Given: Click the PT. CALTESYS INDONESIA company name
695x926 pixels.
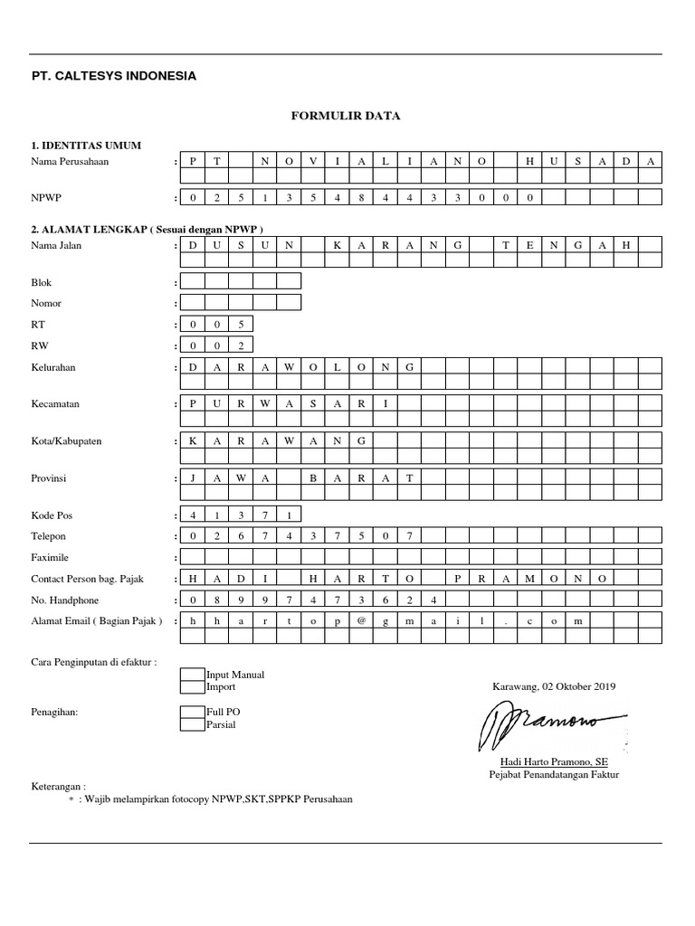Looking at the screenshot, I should pyautogui.click(x=113, y=76).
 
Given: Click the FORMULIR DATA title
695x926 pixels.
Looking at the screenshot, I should pyautogui.click(x=344, y=116).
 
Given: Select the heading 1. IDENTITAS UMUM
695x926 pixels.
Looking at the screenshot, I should pyautogui.click(x=86, y=146).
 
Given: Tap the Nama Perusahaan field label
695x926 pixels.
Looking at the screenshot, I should pyautogui.click(x=70, y=161).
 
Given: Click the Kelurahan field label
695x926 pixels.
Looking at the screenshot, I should pyautogui.click(x=53, y=367).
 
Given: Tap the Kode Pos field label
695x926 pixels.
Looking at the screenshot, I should pyautogui.click(x=52, y=515).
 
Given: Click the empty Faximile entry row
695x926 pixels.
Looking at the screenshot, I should pyautogui.click(x=421, y=557).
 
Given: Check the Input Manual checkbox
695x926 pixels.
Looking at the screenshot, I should pyautogui.click(x=193, y=675).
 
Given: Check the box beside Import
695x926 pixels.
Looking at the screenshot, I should pyautogui.click(x=193, y=687).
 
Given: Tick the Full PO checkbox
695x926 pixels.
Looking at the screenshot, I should pyautogui.click(x=193, y=713).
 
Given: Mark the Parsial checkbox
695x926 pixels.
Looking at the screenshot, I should pyautogui.click(x=193, y=725).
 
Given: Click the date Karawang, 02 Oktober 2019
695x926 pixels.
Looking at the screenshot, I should pyautogui.click(x=554, y=687).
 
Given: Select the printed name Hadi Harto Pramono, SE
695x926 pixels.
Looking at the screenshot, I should pyautogui.click(x=554, y=762).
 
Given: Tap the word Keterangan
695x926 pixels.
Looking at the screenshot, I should pyautogui.click(x=59, y=788).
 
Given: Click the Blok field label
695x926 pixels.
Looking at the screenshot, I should pyautogui.click(x=42, y=283).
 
